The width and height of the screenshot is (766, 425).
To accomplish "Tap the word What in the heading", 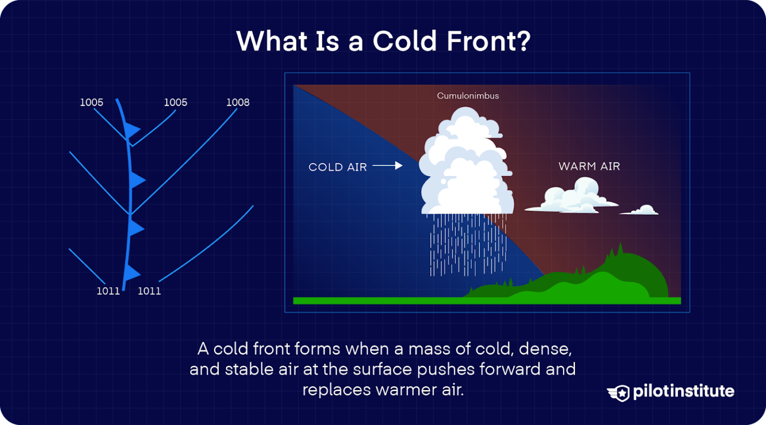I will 271,41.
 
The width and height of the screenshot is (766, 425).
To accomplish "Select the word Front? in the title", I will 488,41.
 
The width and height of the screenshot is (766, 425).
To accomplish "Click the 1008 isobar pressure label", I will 237,102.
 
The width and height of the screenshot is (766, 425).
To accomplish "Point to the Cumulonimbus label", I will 468,96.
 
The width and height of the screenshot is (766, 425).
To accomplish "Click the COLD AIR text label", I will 338,167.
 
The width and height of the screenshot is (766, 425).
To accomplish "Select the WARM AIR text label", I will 589,166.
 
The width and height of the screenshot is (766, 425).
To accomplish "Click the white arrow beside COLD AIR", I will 387,165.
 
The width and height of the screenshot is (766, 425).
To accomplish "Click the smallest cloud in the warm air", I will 640,210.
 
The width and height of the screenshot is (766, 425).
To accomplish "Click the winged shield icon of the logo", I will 619,393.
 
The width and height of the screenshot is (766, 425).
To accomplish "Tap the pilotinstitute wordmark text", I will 683,391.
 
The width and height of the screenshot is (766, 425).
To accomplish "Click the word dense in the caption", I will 545,348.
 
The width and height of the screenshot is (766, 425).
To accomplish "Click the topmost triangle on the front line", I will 132,130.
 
